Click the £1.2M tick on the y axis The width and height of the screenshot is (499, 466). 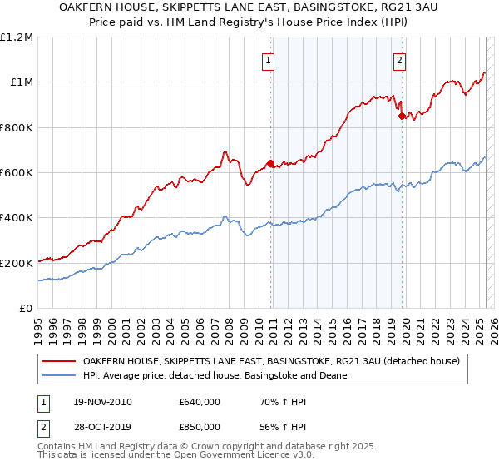(17, 37)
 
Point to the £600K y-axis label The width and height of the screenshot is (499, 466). (17, 173)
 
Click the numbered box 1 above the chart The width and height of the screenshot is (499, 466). (269, 59)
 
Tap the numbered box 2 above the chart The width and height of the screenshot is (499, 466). (400, 59)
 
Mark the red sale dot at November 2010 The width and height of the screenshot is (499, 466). (270, 163)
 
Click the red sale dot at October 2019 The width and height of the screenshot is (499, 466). (402, 116)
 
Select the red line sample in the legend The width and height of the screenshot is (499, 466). (59, 361)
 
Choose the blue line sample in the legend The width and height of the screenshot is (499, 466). (59, 375)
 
